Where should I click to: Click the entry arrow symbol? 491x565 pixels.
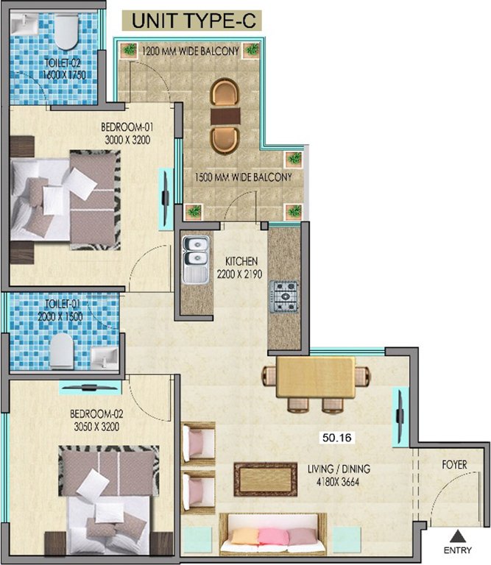pos(458,536)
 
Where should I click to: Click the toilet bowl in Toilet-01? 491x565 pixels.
pos(64,350)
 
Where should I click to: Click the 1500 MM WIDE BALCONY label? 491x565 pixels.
pos(243,177)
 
